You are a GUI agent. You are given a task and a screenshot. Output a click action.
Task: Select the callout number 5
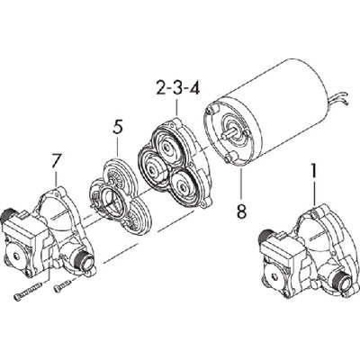click(x=117, y=128)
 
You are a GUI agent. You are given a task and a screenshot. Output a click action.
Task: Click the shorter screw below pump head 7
click(x=62, y=287)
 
